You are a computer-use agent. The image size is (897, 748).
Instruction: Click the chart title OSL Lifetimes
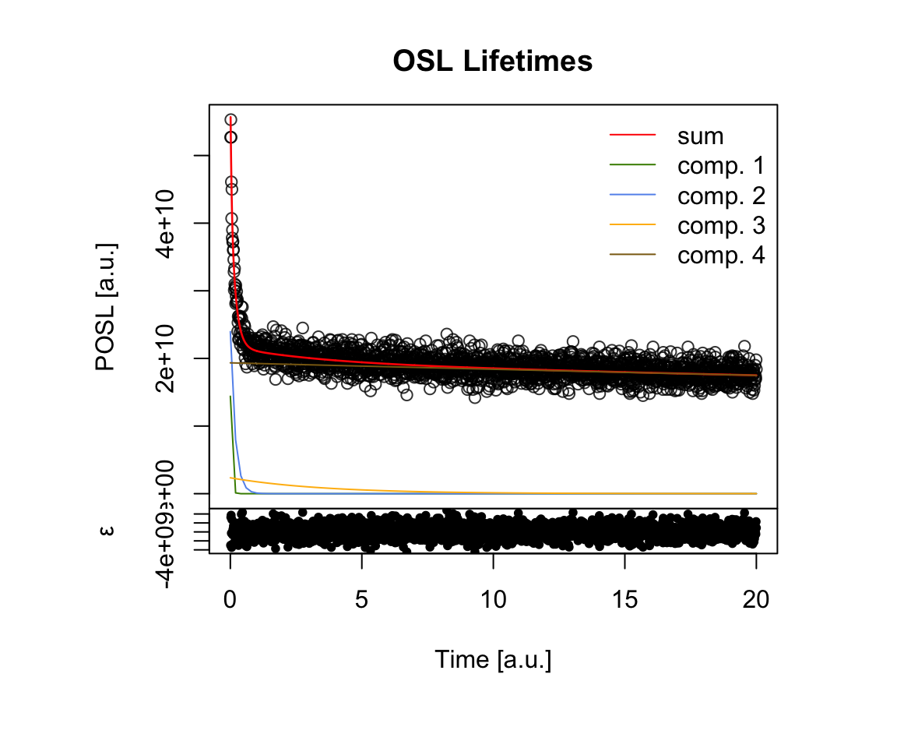pos(493,62)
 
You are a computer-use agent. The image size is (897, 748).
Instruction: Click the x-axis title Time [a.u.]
pos(493,660)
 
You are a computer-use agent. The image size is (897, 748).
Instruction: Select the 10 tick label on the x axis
pos(493,600)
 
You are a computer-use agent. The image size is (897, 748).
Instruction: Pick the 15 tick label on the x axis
pos(624,600)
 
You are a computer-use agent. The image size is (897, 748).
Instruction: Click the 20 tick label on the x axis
pos(756,600)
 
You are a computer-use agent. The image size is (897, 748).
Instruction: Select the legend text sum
pos(700,136)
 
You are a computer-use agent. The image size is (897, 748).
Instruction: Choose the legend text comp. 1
pos(721,166)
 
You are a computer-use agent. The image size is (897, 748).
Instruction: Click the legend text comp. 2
pos(721,196)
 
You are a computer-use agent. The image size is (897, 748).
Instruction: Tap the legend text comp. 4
pos(721,255)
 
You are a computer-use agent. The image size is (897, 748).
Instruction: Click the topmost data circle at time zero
pos(230,119)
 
